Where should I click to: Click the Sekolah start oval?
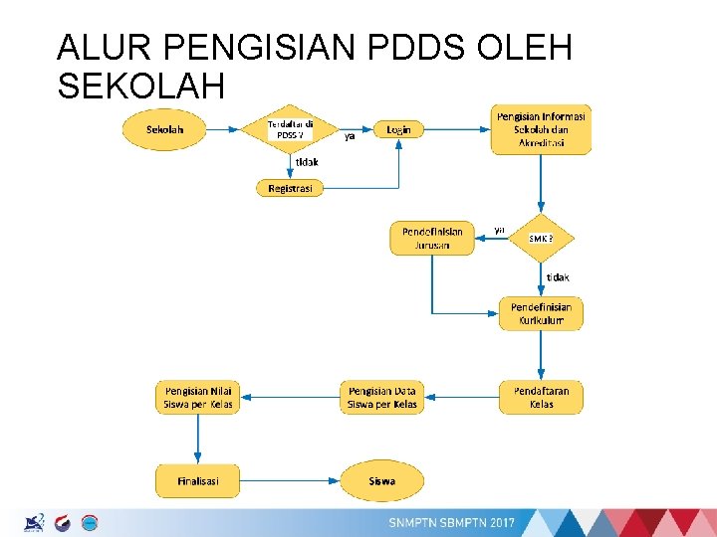(164, 129)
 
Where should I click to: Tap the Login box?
(398, 129)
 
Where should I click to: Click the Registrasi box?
(290, 188)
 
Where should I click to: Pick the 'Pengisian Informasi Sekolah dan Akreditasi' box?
(541, 129)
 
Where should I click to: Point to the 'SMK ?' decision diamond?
(541, 239)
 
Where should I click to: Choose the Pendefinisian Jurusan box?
(432, 239)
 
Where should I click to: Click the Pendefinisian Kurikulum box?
(541, 313)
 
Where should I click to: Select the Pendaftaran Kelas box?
(541, 398)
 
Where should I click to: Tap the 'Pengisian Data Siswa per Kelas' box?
(382, 398)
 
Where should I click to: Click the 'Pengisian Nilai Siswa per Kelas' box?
(198, 398)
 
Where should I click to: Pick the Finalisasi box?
(198, 481)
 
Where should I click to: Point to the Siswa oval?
(382, 481)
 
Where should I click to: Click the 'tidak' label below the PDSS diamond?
(306, 162)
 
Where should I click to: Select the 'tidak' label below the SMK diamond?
(558, 276)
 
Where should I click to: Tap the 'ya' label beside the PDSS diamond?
(350, 138)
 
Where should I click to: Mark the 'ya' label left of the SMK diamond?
(499, 230)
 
